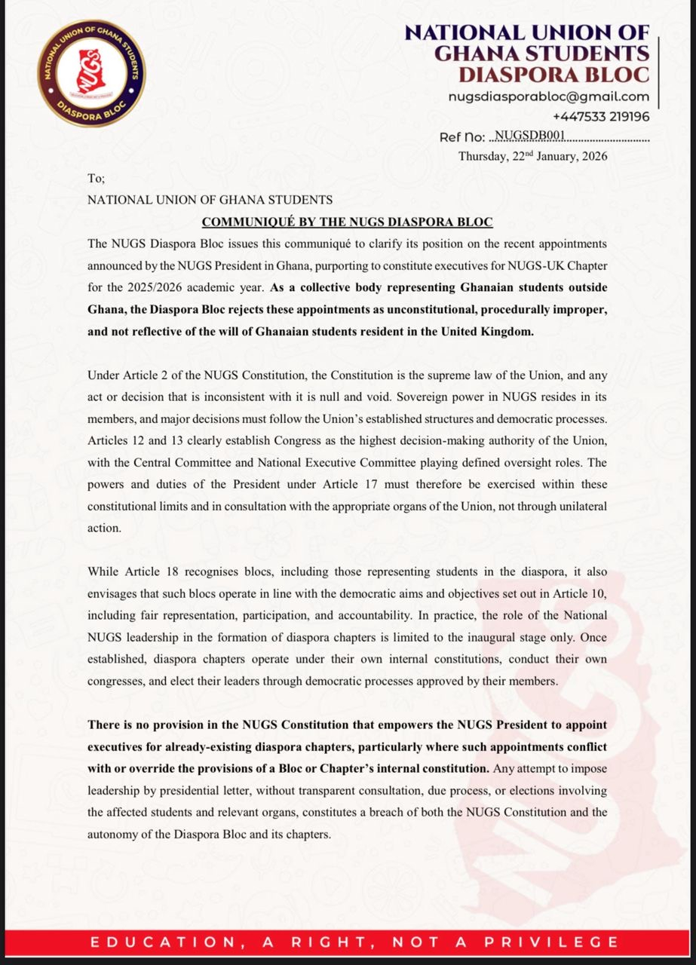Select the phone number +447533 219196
(600, 117)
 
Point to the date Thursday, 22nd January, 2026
(532, 157)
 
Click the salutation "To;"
(97, 179)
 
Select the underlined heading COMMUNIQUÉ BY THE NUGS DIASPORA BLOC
(347, 222)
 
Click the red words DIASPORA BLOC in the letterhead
(553, 75)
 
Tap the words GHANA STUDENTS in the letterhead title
(542, 54)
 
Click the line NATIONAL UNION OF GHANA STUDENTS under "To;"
(210, 200)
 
